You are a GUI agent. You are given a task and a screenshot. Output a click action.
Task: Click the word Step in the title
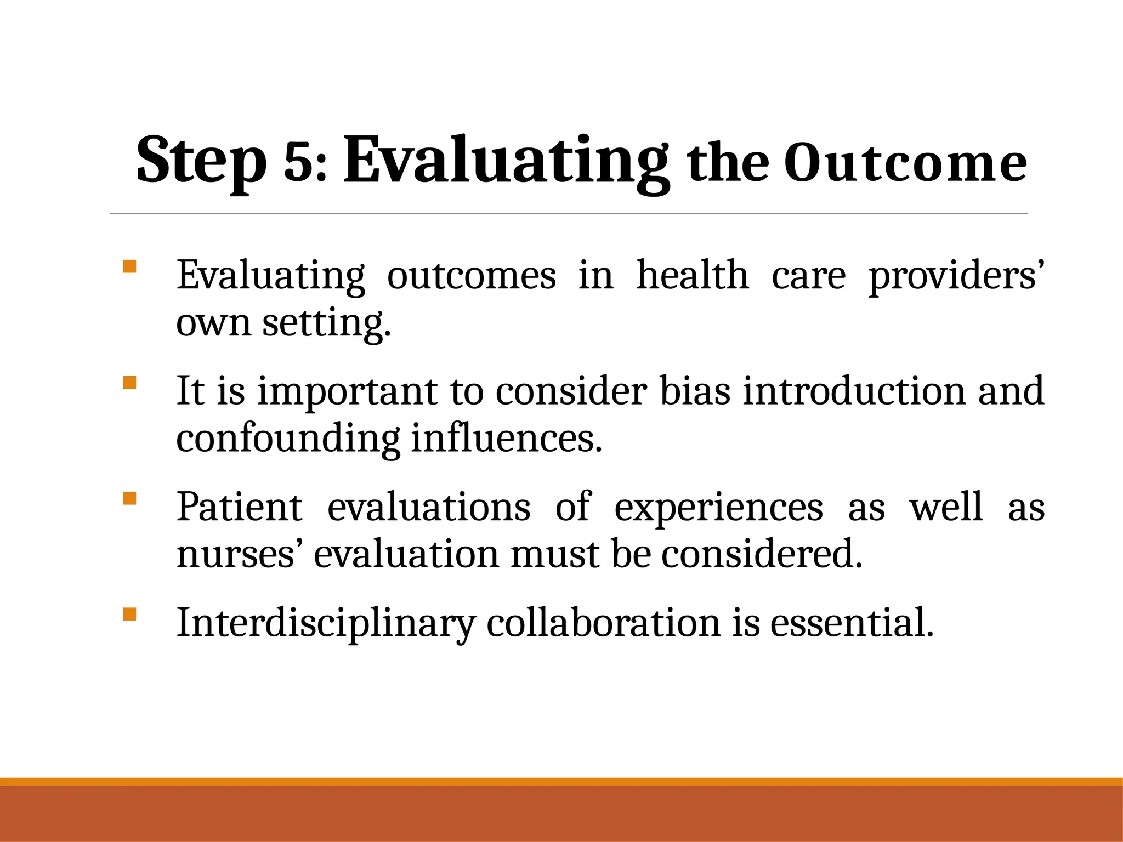[x=201, y=161]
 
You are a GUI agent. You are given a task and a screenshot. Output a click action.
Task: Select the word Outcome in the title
[x=905, y=163]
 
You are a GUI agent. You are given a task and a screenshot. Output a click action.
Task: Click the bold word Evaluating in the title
[x=506, y=161]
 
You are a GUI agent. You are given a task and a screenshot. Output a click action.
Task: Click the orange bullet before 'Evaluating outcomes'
[x=129, y=267]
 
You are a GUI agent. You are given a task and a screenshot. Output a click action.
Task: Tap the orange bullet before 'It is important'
[x=129, y=383]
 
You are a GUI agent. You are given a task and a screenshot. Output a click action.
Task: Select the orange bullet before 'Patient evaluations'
[x=129, y=498]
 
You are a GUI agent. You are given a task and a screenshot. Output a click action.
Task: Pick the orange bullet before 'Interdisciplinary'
[x=129, y=614]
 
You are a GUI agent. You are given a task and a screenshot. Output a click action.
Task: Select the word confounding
[x=288, y=439]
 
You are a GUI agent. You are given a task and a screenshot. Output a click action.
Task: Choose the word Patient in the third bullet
[x=239, y=507]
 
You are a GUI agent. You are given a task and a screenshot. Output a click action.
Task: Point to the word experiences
[x=718, y=508]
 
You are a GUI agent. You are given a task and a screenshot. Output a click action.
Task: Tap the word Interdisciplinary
[x=326, y=624]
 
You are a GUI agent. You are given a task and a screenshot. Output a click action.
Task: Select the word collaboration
[x=603, y=624]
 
